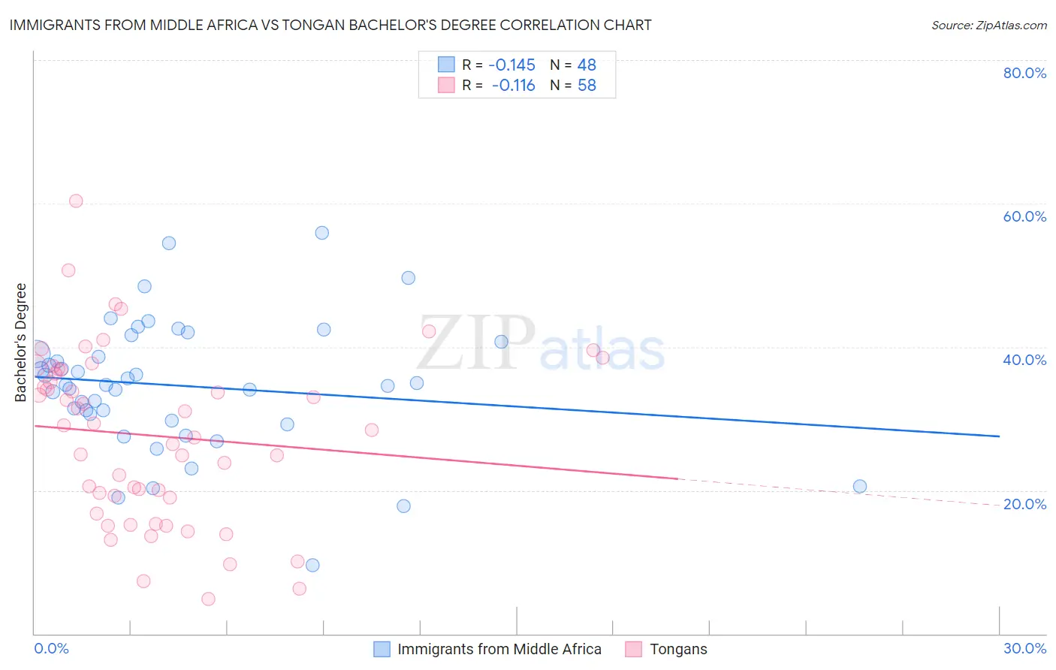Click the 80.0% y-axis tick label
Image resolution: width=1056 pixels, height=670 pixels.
point(1024,73)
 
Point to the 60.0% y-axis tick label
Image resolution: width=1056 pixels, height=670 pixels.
point(1024,216)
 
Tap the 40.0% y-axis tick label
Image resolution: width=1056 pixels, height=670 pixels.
point(1024,360)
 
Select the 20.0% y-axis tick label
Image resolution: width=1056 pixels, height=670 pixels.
point(1024,503)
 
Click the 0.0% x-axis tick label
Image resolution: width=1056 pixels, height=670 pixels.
point(51,648)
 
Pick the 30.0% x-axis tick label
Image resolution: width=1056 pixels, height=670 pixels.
point(1024,648)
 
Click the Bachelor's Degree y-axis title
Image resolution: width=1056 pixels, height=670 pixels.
point(21,343)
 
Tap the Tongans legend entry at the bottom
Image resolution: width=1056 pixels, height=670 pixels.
point(678,649)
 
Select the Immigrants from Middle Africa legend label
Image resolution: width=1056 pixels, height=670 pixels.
point(499,649)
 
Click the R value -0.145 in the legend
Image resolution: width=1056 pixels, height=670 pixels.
point(511,65)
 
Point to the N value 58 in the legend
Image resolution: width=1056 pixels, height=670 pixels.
point(587,86)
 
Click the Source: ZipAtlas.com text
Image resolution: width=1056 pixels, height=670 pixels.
point(988,26)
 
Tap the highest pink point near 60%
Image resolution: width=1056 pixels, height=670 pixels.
point(76,201)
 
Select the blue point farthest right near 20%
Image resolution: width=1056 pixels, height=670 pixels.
point(860,486)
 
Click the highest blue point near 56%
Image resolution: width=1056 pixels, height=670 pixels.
point(322,233)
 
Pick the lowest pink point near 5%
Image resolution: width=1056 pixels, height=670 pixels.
point(209,599)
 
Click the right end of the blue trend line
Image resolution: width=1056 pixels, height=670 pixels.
point(999,436)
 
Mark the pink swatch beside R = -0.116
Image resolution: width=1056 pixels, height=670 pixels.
point(446,86)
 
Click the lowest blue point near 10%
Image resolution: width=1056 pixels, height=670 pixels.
point(312,565)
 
